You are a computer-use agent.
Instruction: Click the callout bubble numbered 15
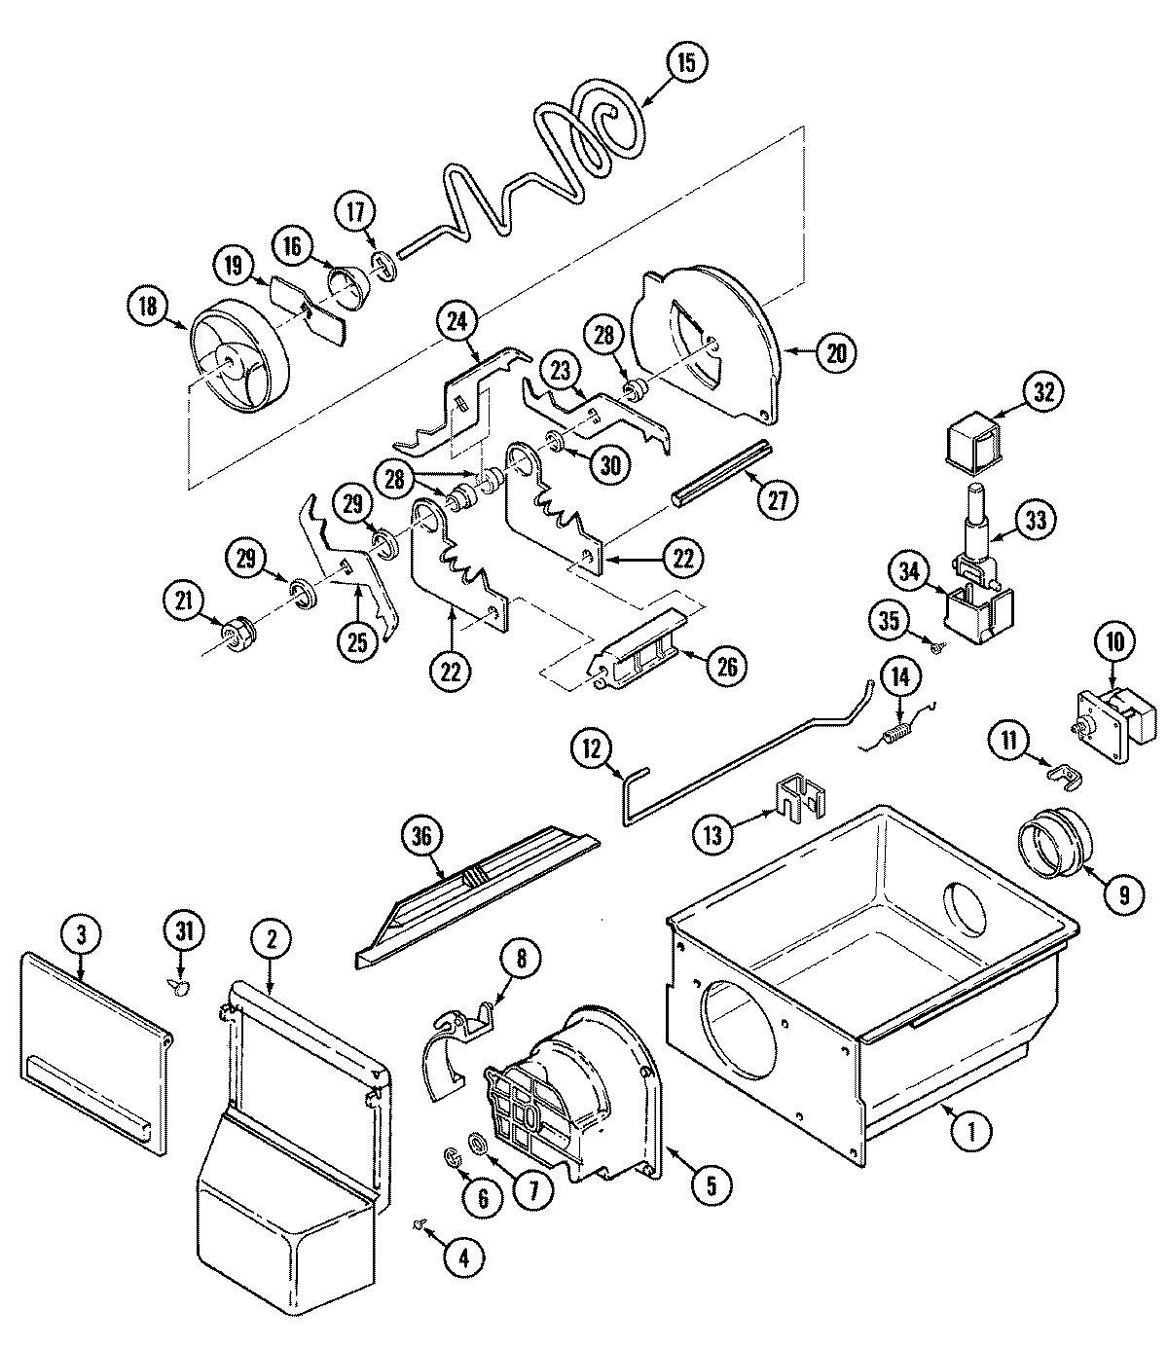pos(686,63)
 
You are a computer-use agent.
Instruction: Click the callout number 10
pos(1114,641)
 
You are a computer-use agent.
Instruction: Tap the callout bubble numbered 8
pos(521,958)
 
